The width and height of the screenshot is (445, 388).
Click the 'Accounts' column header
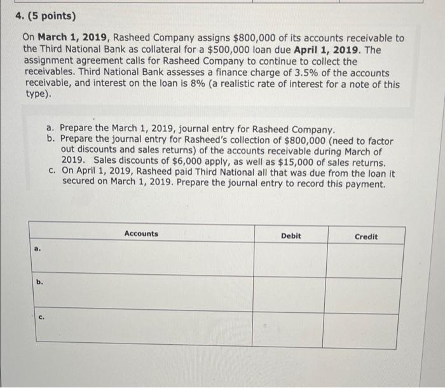click(x=141, y=234)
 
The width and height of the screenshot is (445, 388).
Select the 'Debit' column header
click(x=291, y=236)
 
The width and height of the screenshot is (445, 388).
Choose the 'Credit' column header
click(x=366, y=237)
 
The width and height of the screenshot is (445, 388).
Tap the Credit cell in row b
click(x=366, y=294)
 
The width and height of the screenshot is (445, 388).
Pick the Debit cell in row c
click(x=291, y=329)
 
